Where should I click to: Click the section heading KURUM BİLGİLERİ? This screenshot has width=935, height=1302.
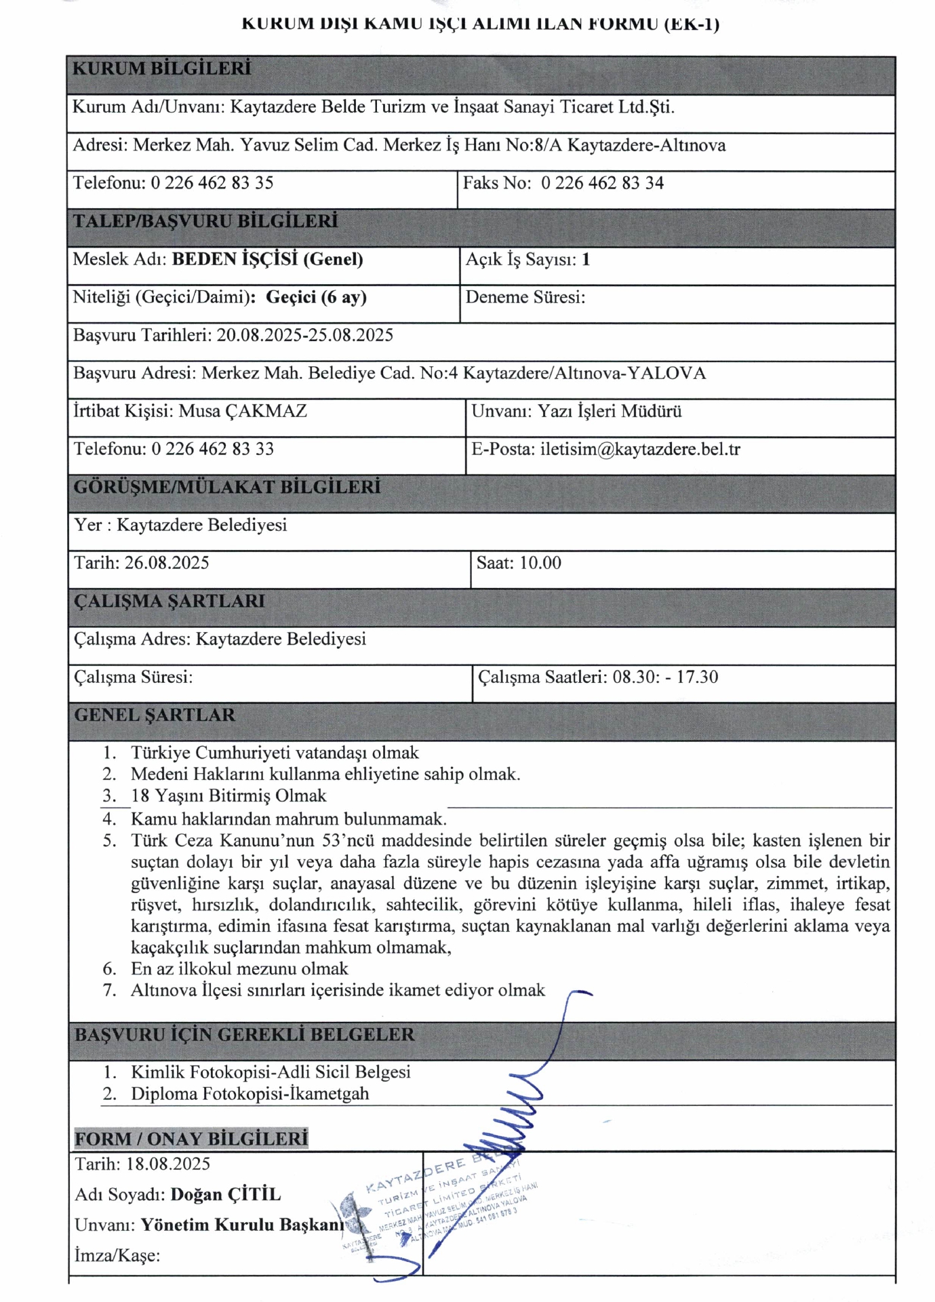[161, 68]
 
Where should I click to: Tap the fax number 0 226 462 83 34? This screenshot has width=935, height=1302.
[602, 183]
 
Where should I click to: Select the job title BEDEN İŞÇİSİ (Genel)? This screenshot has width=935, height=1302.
[267, 259]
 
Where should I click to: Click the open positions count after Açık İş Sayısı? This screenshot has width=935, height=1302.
[586, 259]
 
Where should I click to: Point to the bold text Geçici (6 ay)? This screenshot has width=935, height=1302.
[316, 297]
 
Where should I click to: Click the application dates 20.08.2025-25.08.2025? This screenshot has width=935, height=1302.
[304, 335]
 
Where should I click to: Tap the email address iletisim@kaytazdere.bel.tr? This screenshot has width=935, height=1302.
[640, 449]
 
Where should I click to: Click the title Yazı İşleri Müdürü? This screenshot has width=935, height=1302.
[610, 411]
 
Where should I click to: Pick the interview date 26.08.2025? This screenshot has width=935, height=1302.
[167, 563]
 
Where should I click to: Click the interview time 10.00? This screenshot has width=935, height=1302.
[540, 563]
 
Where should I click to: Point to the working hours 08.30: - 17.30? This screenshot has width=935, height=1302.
[665, 677]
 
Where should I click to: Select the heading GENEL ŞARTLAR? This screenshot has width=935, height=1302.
[155, 715]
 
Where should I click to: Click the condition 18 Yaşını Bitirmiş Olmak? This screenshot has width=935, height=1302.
[228, 795]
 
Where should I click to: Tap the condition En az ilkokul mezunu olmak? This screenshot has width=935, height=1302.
[239, 968]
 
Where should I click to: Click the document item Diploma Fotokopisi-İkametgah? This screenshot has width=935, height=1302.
[250, 1093]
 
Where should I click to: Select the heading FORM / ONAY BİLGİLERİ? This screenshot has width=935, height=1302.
[191, 1138]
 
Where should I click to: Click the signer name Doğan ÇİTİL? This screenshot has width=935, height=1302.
[226, 1194]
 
